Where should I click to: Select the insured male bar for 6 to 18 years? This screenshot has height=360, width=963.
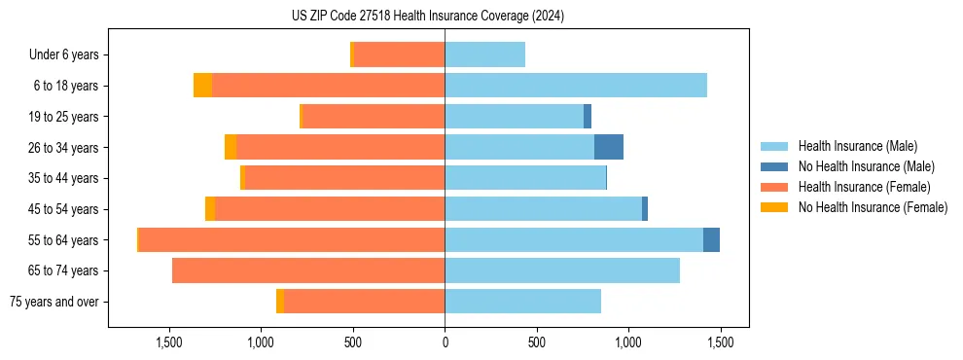[x=576, y=86]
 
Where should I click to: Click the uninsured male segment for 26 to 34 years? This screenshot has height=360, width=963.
[x=609, y=147]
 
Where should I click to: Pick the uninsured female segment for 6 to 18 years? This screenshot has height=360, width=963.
[x=202, y=86]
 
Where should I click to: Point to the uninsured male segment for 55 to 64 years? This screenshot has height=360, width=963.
[x=711, y=239]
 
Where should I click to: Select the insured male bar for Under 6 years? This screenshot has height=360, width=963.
[x=484, y=54]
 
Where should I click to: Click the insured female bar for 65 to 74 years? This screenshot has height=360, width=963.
[x=308, y=270]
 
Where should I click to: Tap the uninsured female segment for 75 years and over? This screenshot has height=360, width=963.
[x=280, y=302]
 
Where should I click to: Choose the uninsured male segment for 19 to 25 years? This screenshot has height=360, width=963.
[x=588, y=117]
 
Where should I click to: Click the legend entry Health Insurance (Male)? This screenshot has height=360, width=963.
[x=857, y=146]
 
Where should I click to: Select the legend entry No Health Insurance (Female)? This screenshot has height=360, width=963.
[x=873, y=207]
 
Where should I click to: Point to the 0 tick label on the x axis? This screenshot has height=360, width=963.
[x=445, y=343]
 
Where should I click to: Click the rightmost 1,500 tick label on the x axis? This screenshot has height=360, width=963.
[x=720, y=343]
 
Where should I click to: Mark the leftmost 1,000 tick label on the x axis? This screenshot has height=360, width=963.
[x=261, y=343]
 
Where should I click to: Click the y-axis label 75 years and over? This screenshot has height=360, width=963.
[x=54, y=302]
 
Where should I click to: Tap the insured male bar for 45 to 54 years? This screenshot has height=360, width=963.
[x=543, y=209]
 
